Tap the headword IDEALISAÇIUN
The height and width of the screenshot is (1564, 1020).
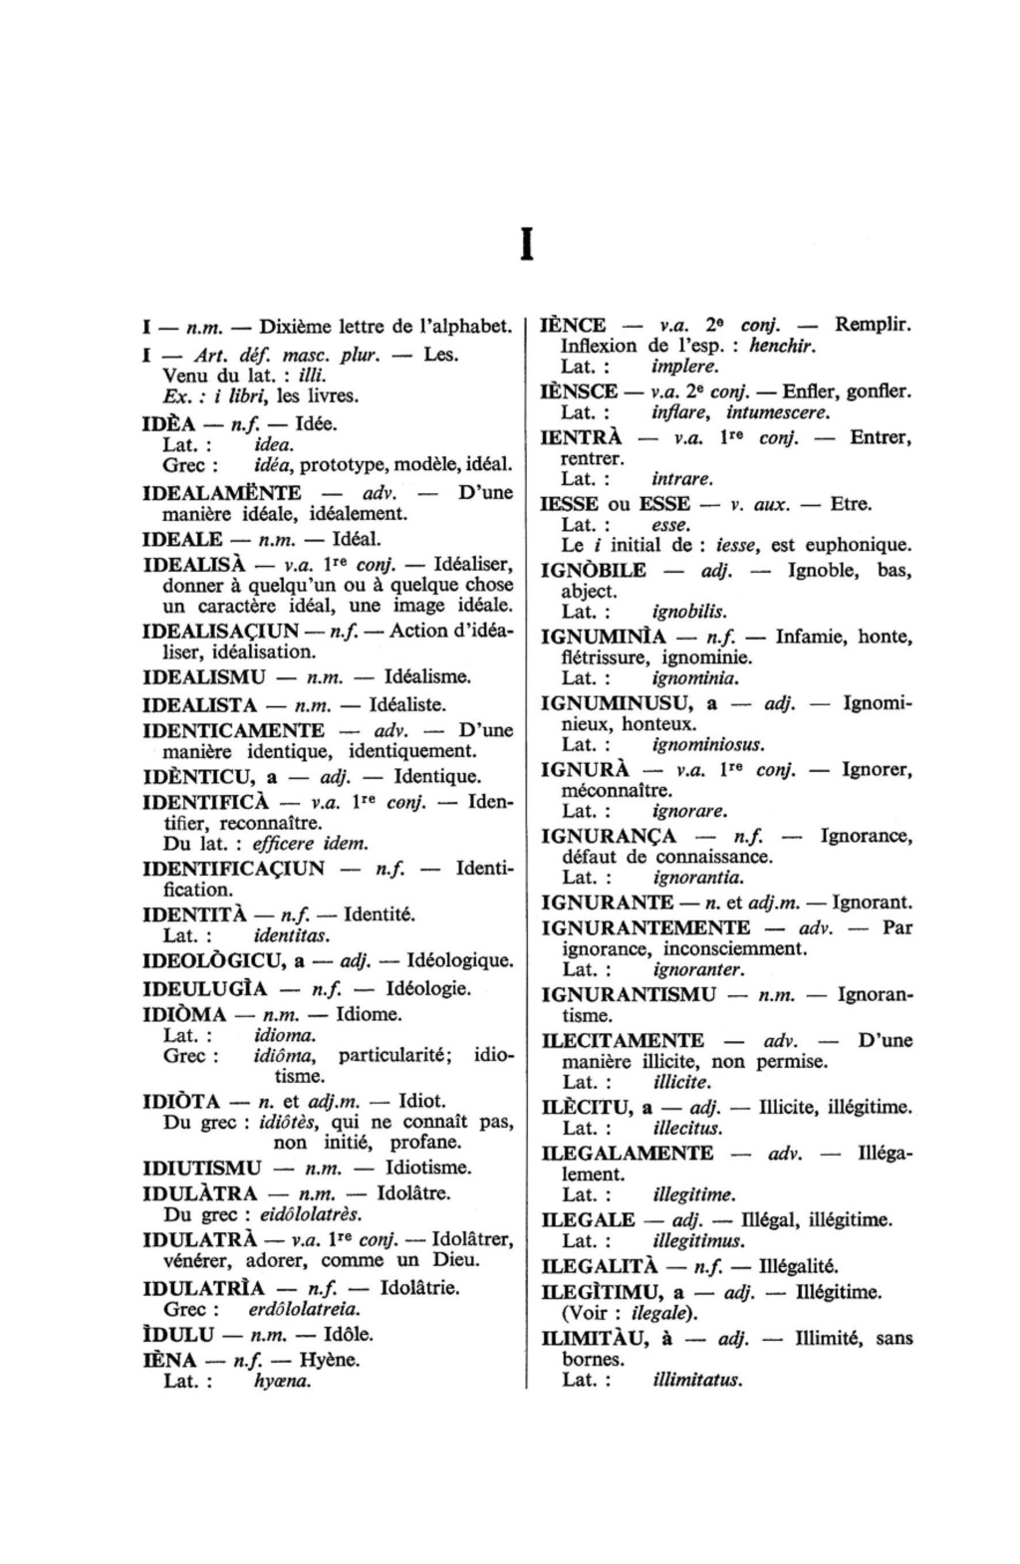[221, 631]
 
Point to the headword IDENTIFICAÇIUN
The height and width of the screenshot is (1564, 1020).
[234, 868]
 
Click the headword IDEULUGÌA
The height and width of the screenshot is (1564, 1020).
[206, 989]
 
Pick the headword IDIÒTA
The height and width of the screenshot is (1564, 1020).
[182, 1102]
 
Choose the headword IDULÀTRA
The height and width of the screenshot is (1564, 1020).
[201, 1193]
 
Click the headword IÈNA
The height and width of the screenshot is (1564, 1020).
[170, 1360]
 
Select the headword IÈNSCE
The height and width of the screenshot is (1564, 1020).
[579, 391]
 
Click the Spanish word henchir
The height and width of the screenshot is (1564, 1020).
[782, 347]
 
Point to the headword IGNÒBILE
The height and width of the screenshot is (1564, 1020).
[593, 571]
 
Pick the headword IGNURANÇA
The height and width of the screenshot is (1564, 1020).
[609, 836]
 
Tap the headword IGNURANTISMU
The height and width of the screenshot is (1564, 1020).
[629, 994]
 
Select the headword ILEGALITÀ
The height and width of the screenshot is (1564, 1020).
[599, 1267]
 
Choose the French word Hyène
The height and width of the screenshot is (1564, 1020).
[330, 1360]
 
